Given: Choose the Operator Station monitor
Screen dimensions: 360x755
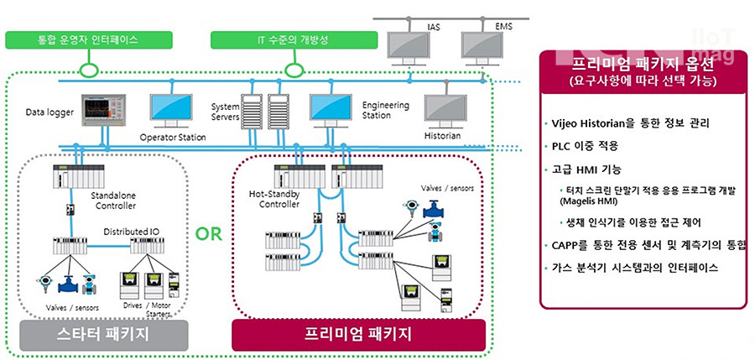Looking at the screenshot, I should pyautogui.click(x=173, y=108).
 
